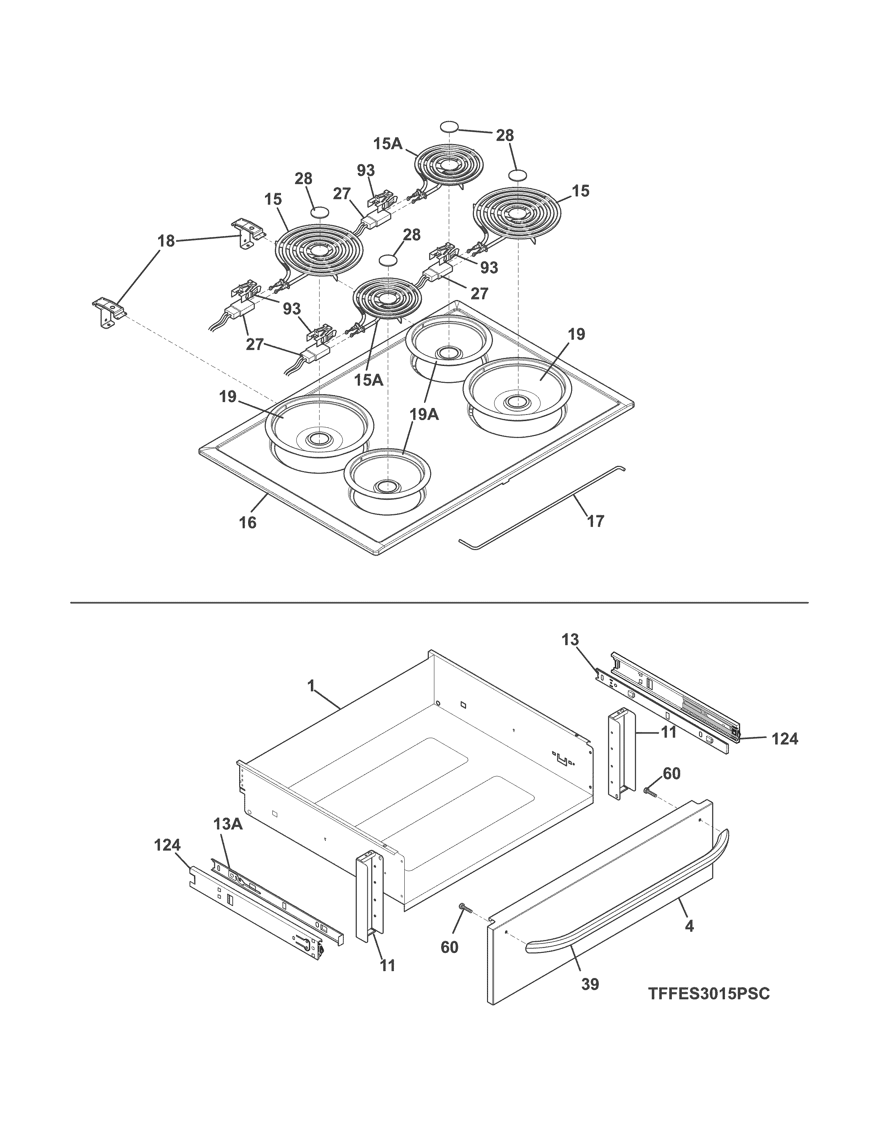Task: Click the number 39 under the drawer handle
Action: [590, 984]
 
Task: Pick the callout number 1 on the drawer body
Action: [311, 687]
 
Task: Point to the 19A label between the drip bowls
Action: [424, 415]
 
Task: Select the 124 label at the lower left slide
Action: [168, 845]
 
